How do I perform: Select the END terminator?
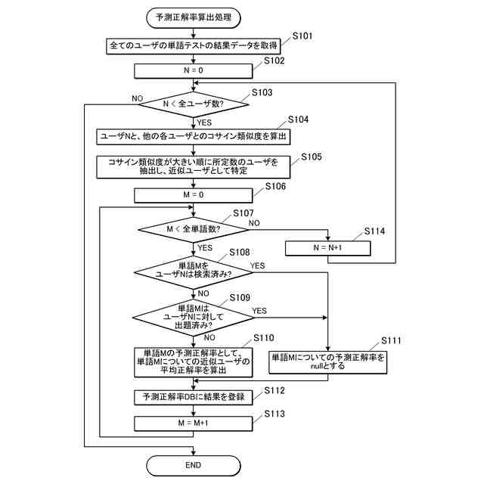(194, 464)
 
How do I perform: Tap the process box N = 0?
(194, 70)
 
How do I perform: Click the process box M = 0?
(194, 194)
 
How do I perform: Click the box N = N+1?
(328, 247)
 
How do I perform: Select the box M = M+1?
(194, 423)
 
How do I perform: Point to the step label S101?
(299, 36)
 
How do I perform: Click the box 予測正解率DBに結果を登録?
(194, 396)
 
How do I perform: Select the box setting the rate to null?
(328, 361)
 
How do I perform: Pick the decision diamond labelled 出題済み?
(194, 315)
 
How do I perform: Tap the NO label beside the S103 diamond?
(137, 98)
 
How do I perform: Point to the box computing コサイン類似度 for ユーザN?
(194, 136)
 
